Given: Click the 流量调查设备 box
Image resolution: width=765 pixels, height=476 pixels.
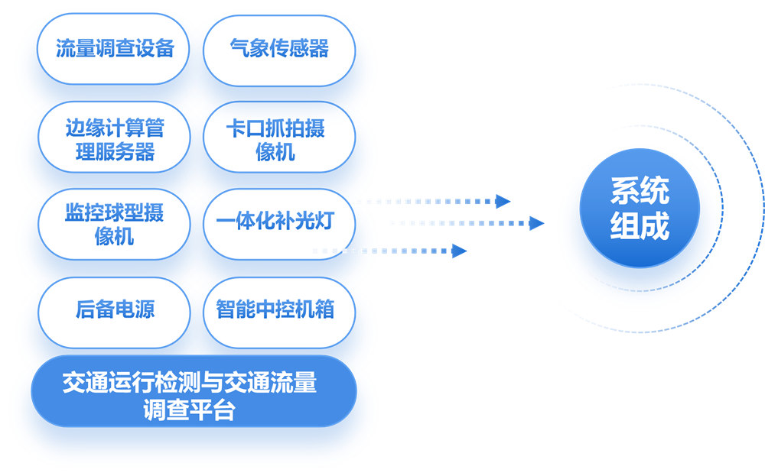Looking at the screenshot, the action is click(113, 49).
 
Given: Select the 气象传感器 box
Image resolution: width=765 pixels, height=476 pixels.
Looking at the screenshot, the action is click(279, 50).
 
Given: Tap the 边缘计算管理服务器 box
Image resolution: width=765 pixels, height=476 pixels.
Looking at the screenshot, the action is click(114, 137).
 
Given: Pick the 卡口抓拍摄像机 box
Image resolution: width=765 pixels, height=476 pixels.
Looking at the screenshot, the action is click(279, 137).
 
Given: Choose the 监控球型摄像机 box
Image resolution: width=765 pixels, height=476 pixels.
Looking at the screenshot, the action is click(114, 224).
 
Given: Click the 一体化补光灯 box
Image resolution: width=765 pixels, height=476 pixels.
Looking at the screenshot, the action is click(279, 224).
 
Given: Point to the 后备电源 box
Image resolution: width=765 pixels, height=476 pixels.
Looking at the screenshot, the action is click(114, 312).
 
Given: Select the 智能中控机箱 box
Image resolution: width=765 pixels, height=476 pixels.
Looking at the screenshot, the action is click(279, 312).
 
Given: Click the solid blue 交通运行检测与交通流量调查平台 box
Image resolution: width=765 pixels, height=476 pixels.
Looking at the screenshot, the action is click(194, 391).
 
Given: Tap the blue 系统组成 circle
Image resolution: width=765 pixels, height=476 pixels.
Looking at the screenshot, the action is click(640, 208).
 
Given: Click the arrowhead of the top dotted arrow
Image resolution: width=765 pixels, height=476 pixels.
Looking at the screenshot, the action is click(503, 201).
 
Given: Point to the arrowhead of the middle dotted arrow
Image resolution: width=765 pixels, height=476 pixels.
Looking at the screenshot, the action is click(537, 223).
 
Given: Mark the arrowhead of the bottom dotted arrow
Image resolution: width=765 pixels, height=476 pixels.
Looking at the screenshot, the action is click(459, 251).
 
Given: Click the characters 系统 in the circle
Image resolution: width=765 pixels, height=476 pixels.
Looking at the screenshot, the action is click(640, 190).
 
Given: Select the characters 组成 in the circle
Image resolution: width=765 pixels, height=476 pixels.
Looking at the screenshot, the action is click(640, 225).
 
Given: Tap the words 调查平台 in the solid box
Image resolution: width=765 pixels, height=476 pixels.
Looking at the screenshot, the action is click(189, 410).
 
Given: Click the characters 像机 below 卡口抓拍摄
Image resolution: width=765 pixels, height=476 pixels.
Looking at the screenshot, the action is click(275, 152).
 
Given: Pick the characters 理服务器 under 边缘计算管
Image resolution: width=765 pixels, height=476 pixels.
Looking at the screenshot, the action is click(116, 152).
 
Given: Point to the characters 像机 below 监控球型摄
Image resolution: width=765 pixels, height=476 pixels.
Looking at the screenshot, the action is click(114, 237).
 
